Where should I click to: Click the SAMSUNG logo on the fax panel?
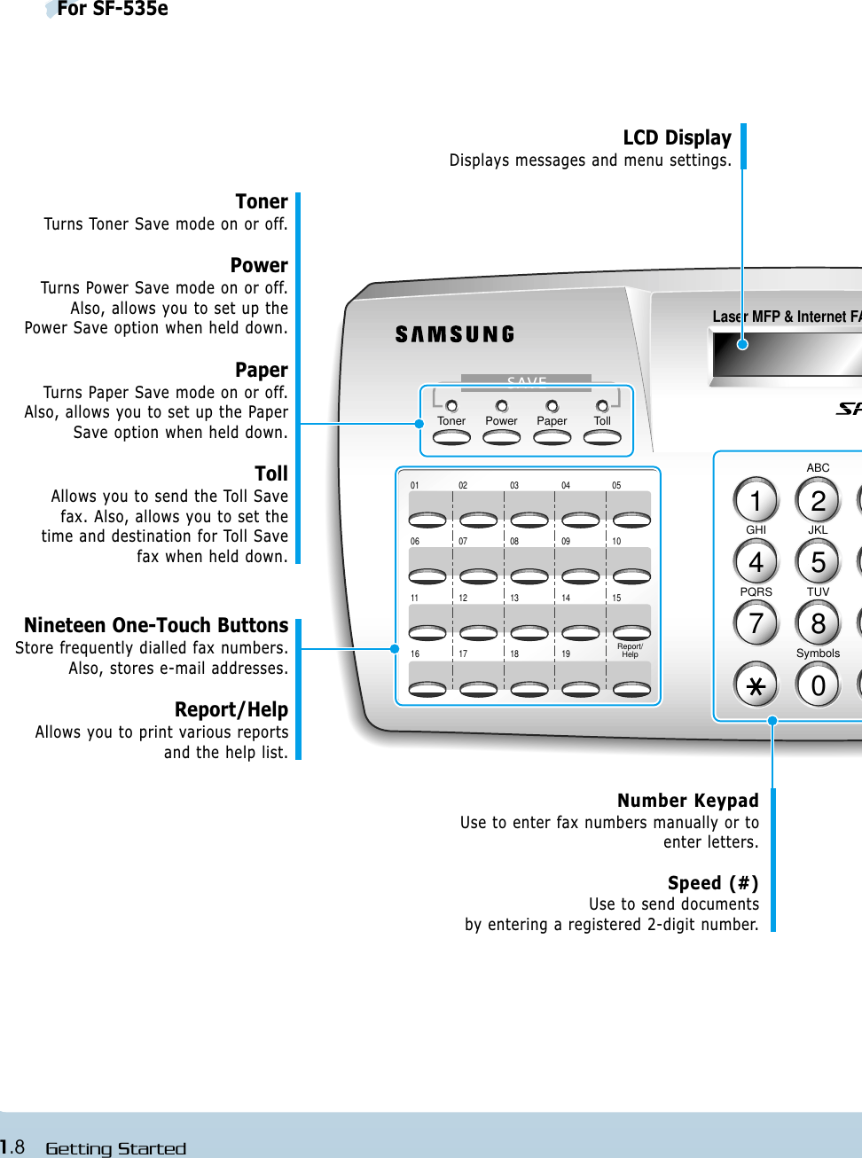click(x=455, y=334)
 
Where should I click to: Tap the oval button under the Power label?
click(x=501, y=437)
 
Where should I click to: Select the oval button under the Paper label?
click(x=552, y=437)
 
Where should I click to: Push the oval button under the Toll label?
click(x=602, y=437)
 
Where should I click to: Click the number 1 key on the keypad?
click(x=756, y=501)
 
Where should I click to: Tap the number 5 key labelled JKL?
click(x=818, y=562)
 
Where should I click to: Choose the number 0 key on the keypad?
click(x=818, y=685)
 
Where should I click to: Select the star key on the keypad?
click(x=756, y=685)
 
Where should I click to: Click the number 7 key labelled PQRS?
click(x=756, y=623)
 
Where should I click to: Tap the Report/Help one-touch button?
click(x=631, y=688)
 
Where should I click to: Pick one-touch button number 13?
click(x=529, y=632)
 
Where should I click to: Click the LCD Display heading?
click(x=677, y=138)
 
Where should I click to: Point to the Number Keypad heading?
click(x=687, y=801)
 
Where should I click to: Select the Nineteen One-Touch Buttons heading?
click(x=156, y=626)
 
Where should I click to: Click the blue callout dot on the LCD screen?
click(x=743, y=344)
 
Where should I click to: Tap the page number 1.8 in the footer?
click(x=12, y=1147)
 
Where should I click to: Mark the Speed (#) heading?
click(x=712, y=883)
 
